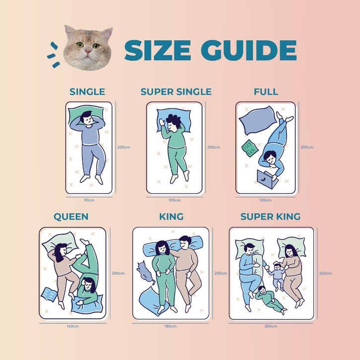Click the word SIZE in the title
pyautogui.click(x=158, y=50)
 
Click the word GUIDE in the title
pyautogui.click(x=248, y=50)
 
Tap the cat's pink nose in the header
pyautogui.click(x=88, y=51)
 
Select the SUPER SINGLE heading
pyautogui.click(x=176, y=92)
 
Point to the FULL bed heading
pyautogui.click(x=266, y=92)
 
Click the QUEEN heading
pyautogui.click(x=71, y=217)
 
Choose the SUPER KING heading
pyautogui.click(x=270, y=217)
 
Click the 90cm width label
pyautogui.click(x=89, y=200)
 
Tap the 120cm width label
pyautogui.click(x=265, y=200)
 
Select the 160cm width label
pyautogui.click(x=73, y=326)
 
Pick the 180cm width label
pyautogui.click(x=171, y=326)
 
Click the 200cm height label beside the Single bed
pyautogui.click(x=124, y=147)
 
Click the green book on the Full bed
pyautogui.click(x=250, y=148)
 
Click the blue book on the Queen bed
pyautogui.click(x=49, y=295)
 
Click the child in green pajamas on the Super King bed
pyautogui.click(x=270, y=299)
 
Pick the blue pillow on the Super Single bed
pyautogui.click(x=174, y=120)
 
